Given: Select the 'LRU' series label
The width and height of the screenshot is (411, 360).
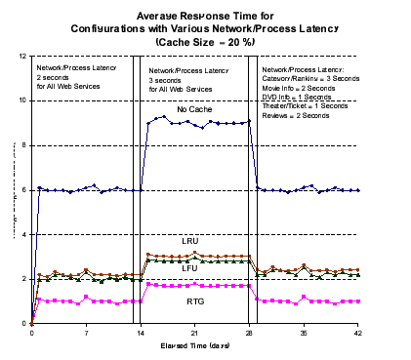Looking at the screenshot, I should [190, 240].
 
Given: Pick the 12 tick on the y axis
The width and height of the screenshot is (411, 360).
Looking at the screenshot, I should [22, 56].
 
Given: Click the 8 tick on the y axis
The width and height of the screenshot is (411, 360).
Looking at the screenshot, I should [24, 145].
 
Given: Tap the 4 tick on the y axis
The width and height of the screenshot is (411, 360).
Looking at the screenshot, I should [24, 235].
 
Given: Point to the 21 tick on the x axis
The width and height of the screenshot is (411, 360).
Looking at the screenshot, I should [195, 333].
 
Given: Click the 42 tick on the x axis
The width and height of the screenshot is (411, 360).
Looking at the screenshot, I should [358, 333].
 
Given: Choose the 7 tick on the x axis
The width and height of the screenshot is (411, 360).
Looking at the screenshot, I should [86, 333].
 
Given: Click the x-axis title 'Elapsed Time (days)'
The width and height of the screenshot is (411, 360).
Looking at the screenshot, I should [195, 346].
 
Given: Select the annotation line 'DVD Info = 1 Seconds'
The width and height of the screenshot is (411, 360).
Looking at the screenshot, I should [298, 98].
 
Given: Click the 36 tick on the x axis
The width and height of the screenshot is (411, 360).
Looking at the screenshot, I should [304, 333].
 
